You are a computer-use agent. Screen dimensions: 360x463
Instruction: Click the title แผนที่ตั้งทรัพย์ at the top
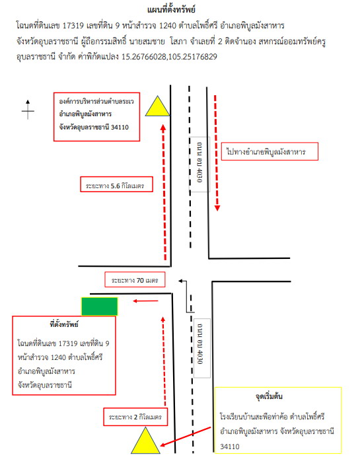coord(171,10)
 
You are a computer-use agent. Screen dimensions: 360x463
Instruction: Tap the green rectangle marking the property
coord(100,306)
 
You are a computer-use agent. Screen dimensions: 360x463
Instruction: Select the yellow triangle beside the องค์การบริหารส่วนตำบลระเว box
coord(157,106)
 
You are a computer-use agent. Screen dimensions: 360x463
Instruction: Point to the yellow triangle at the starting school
coord(145,441)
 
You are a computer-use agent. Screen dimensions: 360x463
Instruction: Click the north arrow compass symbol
coord(28,110)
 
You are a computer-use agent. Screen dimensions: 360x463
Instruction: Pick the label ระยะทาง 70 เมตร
coord(135,279)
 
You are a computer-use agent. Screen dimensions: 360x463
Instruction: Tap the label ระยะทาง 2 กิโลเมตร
coord(135,417)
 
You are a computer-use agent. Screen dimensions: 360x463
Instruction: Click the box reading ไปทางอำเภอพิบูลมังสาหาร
coord(270,151)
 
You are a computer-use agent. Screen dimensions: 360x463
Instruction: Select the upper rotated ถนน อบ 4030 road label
coord(199,164)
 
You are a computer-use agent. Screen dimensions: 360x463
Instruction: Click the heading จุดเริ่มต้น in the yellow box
coord(269,396)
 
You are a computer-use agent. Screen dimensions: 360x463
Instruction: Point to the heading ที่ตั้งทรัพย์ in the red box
coord(64,324)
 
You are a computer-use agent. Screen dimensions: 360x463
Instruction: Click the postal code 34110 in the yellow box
coord(229,446)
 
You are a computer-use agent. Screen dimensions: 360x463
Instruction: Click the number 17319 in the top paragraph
coord(73,26)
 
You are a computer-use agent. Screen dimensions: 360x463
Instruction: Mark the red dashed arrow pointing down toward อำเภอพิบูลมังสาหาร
coord(217,153)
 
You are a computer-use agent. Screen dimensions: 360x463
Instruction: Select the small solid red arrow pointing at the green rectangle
coord(145,301)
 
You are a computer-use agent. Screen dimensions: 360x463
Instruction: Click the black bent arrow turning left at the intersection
coord(186,295)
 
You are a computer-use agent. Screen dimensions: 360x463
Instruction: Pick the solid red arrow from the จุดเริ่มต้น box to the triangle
coord(185,437)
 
